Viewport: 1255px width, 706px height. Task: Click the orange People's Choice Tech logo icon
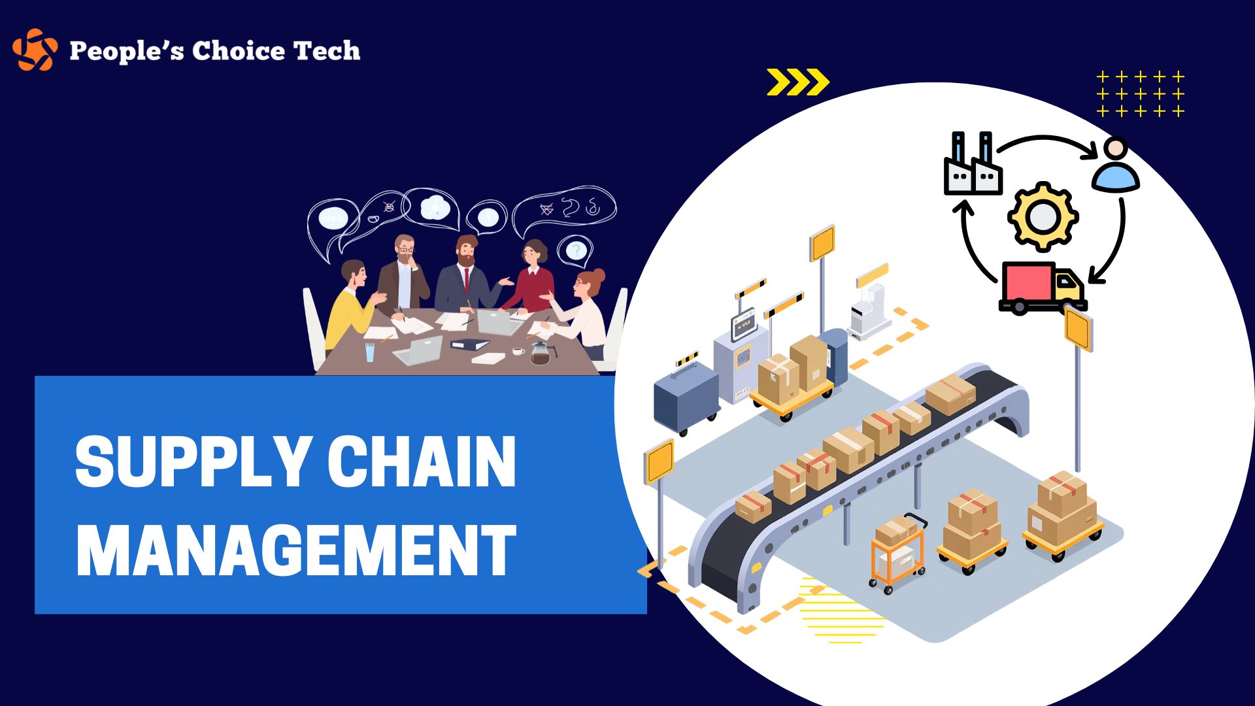point(35,50)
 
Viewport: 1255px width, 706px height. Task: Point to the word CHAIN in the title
point(422,461)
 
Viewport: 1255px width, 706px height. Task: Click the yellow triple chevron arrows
point(798,82)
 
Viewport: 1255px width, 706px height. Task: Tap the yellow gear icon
point(1043,216)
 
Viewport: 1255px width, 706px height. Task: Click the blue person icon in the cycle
point(1115,165)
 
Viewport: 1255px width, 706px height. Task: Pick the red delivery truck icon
point(1043,288)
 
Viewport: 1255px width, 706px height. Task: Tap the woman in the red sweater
point(531,275)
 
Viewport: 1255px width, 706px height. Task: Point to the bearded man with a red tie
point(465,274)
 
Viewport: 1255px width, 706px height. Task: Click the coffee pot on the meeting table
point(541,354)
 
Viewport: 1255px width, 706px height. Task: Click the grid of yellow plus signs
point(1141,94)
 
